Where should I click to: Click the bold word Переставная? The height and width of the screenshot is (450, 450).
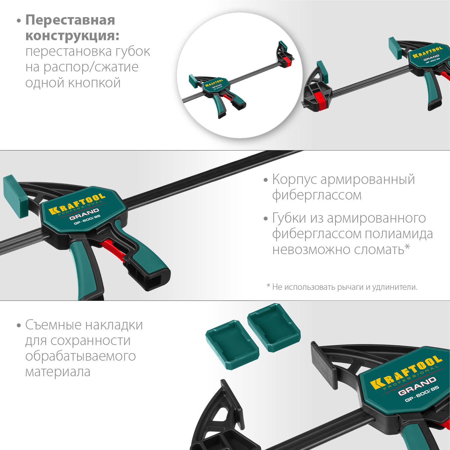(x=70, y=20)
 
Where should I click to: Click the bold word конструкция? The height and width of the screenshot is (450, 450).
(x=72, y=36)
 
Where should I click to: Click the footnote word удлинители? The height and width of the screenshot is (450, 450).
(x=394, y=287)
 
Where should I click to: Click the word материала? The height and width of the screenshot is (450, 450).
(x=58, y=372)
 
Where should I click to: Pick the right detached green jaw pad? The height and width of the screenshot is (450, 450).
(x=273, y=327)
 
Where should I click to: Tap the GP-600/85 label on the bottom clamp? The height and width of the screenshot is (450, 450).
(x=421, y=393)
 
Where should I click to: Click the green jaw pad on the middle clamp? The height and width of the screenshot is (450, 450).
(x=16, y=196)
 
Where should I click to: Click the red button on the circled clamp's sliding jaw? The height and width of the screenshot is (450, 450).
(x=287, y=61)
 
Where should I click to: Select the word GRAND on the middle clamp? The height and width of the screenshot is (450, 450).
(x=84, y=214)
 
